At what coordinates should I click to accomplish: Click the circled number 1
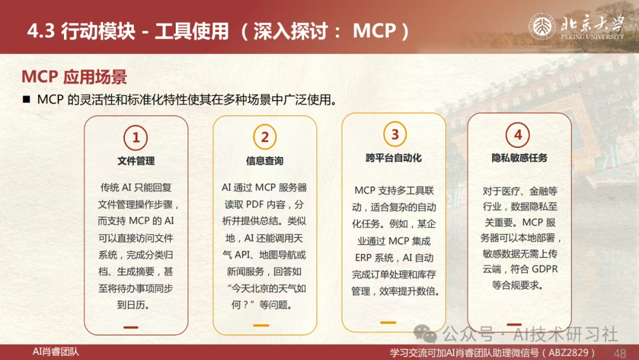[135, 137]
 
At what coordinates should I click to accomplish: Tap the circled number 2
[265, 137]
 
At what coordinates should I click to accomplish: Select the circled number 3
[395, 134]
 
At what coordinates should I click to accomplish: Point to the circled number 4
[518, 134]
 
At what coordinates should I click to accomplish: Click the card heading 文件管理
[136, 161]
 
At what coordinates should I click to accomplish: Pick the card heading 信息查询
[264, 161]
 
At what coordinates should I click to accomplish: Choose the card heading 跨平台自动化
[393, 157]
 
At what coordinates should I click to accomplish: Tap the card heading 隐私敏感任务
[519, 157]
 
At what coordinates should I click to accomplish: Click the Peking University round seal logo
[542, 27]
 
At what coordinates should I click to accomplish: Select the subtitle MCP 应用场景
[74, 76]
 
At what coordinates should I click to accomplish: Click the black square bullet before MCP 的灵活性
[27, 99]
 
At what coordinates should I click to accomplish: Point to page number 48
[620, 353]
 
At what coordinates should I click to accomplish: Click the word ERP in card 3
[363, 258]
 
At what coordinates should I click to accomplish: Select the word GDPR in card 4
[544, 269]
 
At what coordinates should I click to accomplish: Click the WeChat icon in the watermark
[425, 333]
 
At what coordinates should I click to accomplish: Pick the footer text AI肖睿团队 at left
[56, 352]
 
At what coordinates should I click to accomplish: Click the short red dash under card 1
[131, 327]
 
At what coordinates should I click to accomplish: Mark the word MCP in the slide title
[374, 31]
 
